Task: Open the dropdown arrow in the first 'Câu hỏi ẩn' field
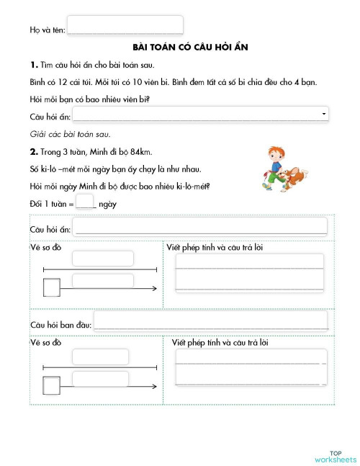[324, 114]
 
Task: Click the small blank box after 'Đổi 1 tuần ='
[85, 203]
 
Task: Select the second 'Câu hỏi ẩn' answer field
[200, 228]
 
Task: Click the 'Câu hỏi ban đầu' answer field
[210, 322]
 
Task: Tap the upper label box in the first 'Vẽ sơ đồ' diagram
[103, 258]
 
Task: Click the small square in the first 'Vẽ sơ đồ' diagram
[52, 288]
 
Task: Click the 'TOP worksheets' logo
[335, 454]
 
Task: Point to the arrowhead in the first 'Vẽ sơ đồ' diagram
[156, 288]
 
